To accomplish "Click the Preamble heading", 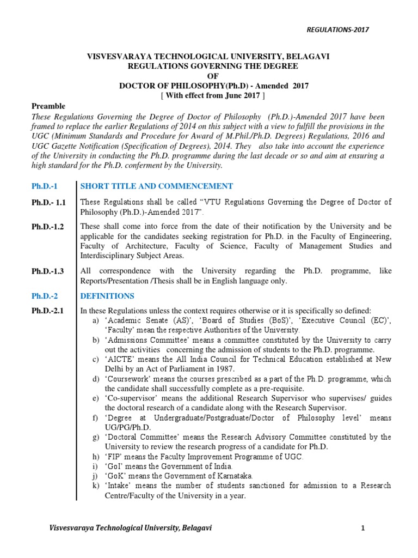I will tap(48, 106).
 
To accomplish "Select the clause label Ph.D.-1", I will tap(44, 186).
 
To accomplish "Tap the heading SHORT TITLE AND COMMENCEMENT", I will tap(157, 186).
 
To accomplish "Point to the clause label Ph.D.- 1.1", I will tap(48, 202).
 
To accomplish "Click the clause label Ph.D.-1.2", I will tap(47, 227).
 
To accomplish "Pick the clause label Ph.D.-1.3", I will tap(47, 271).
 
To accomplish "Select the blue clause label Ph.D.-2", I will tap(44, 296).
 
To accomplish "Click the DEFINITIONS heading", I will tap(107, 296).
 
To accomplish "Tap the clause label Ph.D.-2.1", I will tap(47, 311).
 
